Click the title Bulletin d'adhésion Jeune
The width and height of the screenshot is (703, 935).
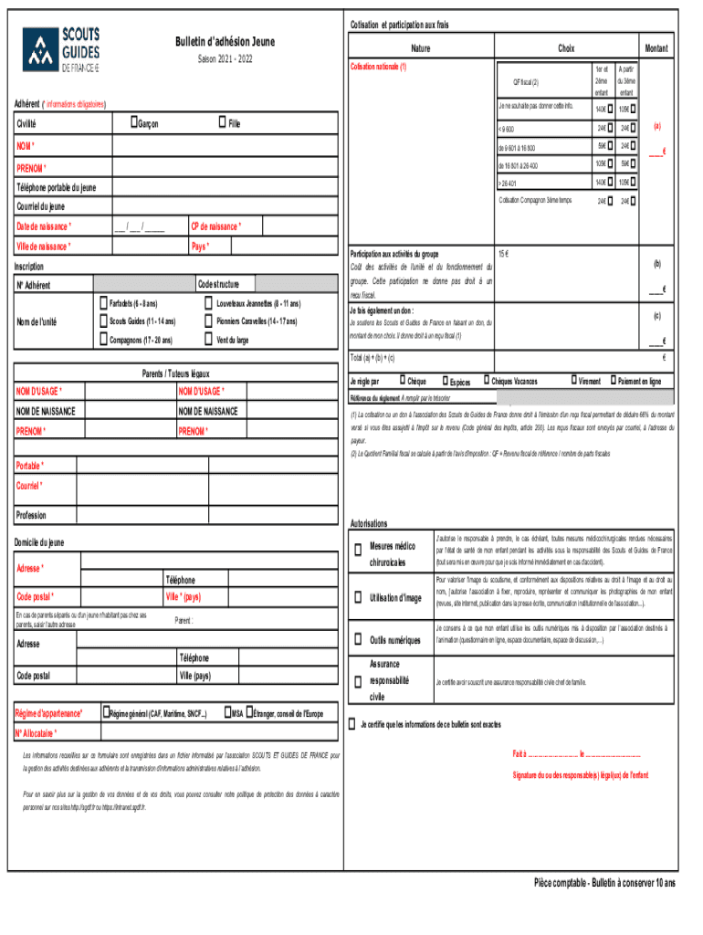click(225, 42)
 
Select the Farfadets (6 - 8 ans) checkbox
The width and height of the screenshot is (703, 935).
click(101, 302)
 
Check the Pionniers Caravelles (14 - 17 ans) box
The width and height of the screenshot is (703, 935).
click(208, 321)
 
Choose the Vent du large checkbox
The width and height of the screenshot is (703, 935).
click(208, 341)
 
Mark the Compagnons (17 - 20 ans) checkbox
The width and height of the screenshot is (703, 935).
click(101, 341)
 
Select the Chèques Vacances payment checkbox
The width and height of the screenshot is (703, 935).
click(485, 381)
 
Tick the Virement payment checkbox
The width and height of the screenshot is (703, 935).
click(572, 381)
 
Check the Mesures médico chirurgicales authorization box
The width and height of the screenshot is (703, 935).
click(357, 549)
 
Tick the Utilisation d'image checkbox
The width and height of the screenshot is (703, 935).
click(357, 598)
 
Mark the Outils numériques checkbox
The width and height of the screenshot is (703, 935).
click(357, 638)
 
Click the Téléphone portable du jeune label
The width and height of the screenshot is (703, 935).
click(56, 187)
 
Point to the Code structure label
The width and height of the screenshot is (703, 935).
click(218, 285)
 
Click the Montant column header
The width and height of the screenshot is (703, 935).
click(656, 48)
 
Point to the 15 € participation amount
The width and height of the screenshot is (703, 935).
click(503, 252)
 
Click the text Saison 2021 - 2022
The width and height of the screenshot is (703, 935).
click(225, 59)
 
